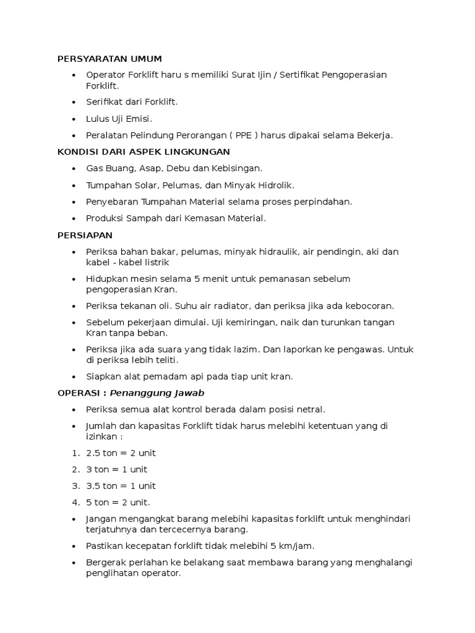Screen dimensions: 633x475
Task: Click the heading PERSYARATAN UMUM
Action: [109, 59]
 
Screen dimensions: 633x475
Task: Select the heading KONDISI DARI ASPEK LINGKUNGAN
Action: [143, 151]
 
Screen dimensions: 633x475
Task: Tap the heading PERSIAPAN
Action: [85, 236]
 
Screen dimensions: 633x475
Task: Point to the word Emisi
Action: [139, 118]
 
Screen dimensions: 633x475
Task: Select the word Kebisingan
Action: [238, 168]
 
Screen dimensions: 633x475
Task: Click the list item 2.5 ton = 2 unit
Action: [121, 453]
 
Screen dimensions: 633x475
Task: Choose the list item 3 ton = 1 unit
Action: [117, 469]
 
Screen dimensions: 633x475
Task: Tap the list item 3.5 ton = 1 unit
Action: [121, 486]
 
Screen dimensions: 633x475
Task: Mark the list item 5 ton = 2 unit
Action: [118, 502]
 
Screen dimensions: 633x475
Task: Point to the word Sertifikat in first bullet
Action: [299, 75]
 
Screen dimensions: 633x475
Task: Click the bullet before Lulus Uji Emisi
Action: [74, 118]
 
